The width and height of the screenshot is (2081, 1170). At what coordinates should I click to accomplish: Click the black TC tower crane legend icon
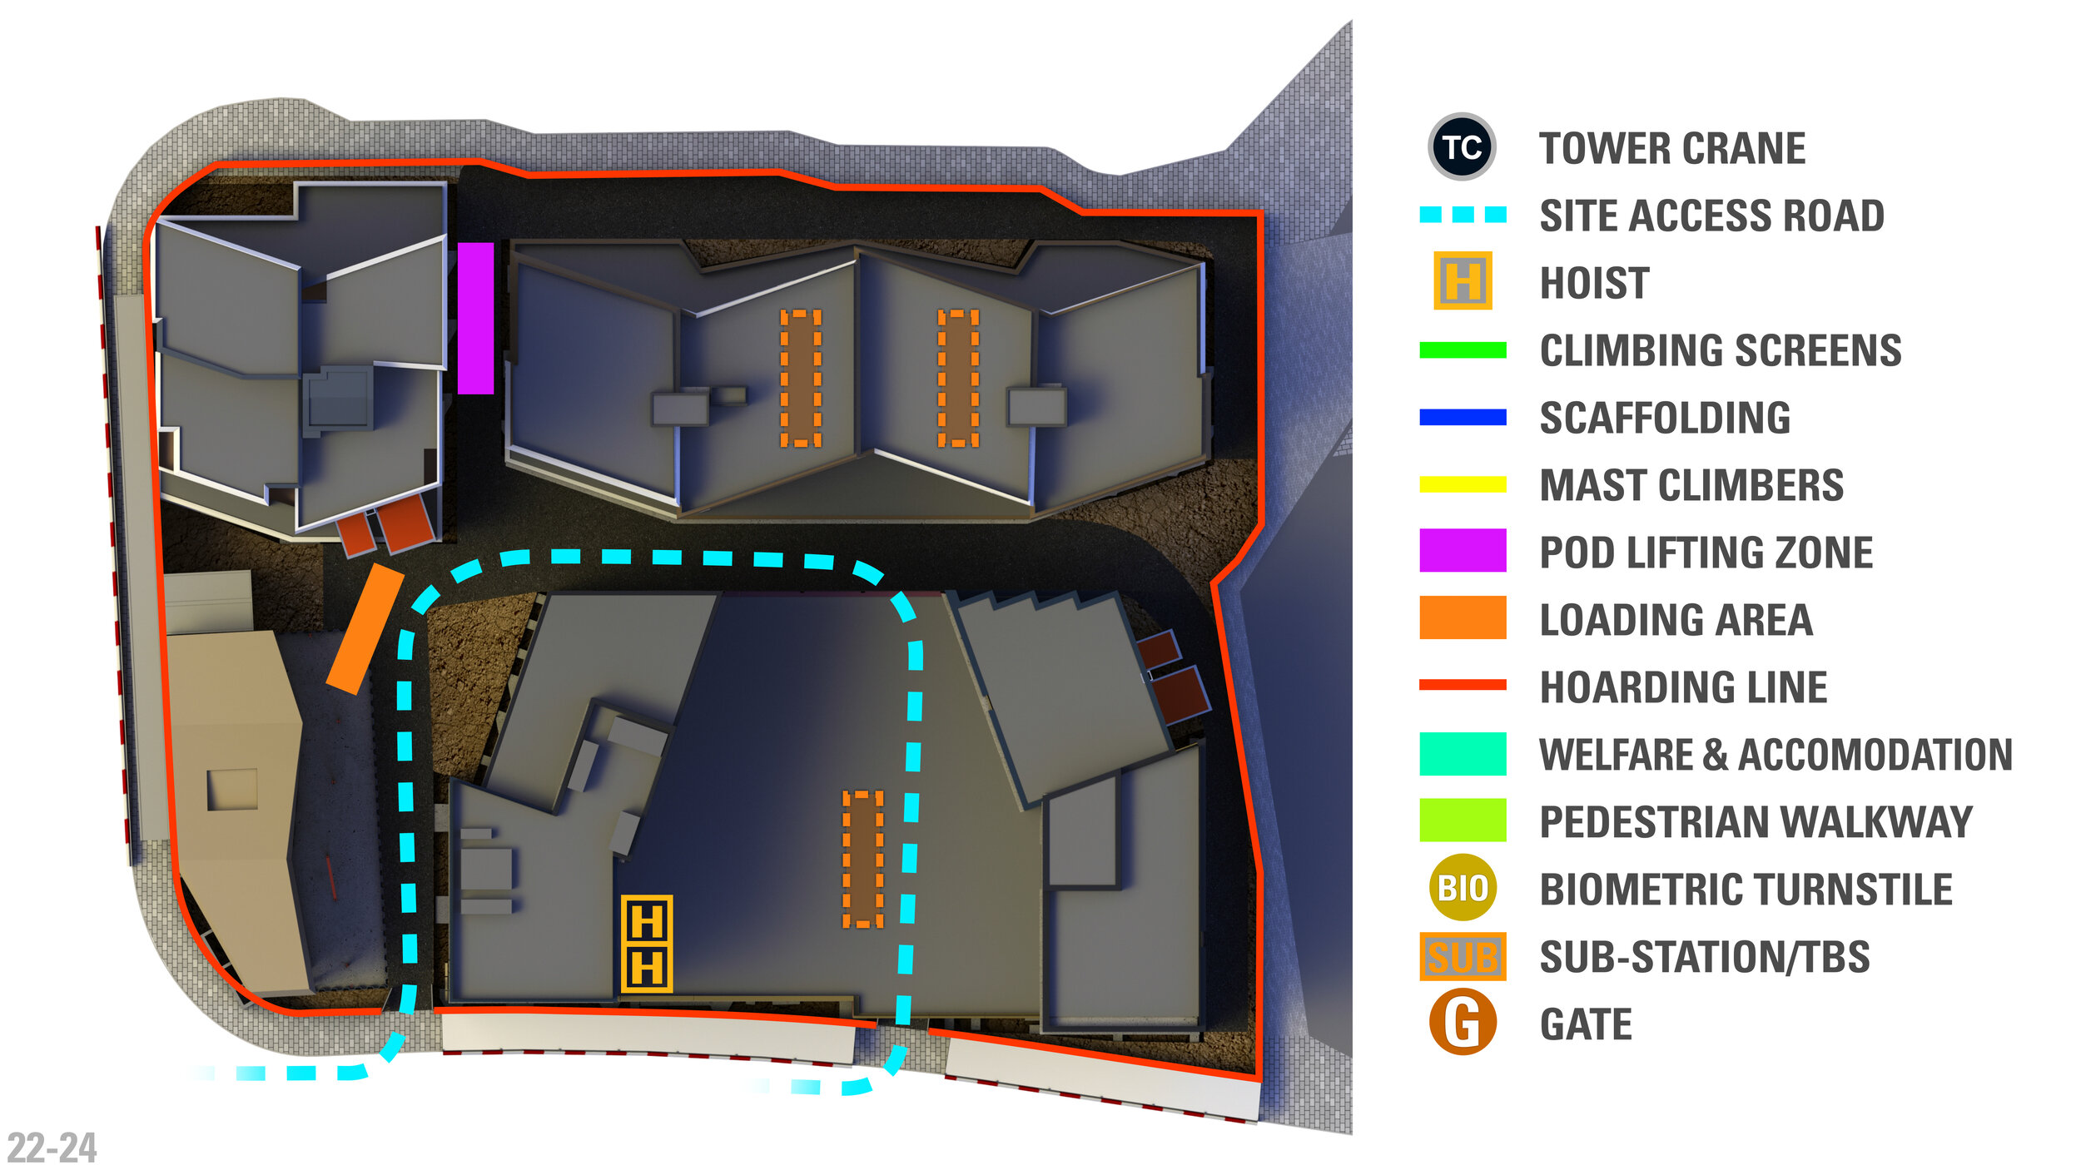1462,147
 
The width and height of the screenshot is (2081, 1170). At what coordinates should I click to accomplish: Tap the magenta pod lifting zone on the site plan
475,318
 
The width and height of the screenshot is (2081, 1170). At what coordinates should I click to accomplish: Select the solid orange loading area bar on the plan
365,629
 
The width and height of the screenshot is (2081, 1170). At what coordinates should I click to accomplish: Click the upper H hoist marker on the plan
647,922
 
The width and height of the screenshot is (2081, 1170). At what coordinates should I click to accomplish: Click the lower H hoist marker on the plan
647,968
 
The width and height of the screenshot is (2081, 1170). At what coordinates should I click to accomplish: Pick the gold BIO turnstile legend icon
1463,888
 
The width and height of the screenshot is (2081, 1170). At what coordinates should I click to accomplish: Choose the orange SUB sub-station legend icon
1463,956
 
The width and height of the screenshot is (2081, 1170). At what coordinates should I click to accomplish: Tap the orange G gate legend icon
1463,1023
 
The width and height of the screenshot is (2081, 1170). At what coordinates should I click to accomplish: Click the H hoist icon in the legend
1463,281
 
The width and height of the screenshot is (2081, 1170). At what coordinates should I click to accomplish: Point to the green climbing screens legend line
1463,350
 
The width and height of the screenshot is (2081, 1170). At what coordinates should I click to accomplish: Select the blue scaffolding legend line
1463,418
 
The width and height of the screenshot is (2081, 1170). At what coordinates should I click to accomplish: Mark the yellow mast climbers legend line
1463,484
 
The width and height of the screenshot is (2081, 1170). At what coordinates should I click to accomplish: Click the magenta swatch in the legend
1463,550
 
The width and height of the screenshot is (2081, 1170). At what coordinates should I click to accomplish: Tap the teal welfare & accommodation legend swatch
1463,754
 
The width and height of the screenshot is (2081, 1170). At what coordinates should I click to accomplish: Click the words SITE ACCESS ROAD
1711,216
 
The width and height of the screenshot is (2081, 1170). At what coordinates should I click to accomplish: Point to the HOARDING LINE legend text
1683,687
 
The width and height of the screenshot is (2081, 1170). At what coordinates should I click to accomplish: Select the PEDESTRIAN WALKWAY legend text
1756,822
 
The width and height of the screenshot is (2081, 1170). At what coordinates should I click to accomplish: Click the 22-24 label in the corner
52,1148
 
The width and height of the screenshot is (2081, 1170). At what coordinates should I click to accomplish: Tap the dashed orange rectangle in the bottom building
862,859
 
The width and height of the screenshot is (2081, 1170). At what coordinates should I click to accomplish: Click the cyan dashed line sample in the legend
1463,215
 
